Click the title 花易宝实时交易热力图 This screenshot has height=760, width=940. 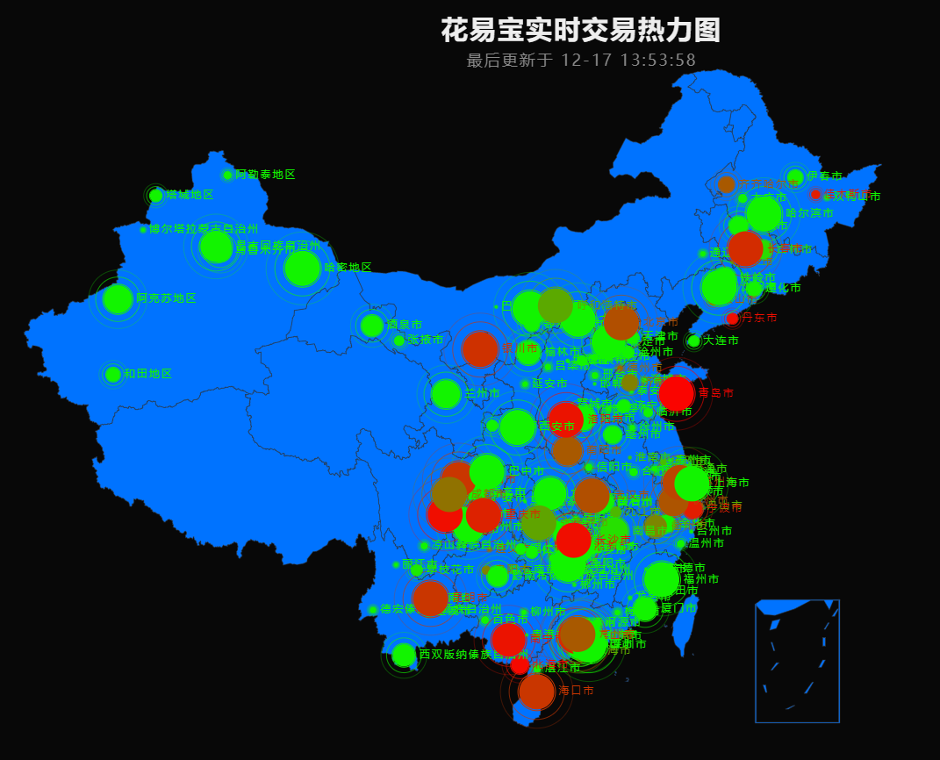coord(580,31)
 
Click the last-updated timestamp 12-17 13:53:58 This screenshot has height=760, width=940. coord(628,61)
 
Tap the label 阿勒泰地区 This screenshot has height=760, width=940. coord(265,175)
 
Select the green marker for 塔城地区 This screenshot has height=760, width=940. coord(156,195)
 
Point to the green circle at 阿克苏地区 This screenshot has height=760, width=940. coord(117,298)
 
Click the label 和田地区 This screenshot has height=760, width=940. coord(147,374)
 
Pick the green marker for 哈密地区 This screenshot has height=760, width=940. coord(303,268)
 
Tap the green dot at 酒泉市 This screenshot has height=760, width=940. coord(372,326)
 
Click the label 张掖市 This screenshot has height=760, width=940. coord(426,340)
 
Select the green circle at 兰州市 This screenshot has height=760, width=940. coord(446,393)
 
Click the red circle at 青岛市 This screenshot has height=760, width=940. coord(676,393)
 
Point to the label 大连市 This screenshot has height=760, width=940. coord(721,341)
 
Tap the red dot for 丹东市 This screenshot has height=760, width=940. coord(733,319)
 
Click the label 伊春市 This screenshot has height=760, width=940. coord(824,176)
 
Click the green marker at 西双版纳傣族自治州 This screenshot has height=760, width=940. coord(404,655)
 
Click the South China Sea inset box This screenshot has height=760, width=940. coord(797,661)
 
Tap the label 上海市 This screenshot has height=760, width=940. coord(732,483)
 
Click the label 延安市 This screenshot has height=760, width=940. coord(549,384)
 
